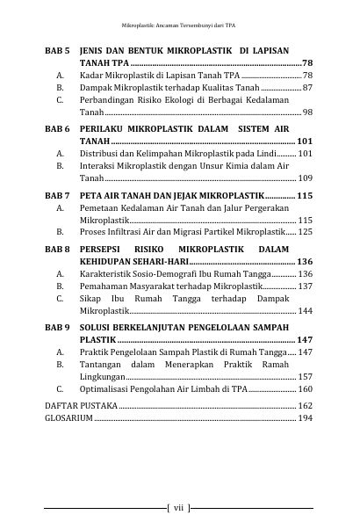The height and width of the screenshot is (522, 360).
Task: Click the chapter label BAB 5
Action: tap(57, 52)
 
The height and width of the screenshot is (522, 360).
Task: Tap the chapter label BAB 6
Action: tap(57, 128)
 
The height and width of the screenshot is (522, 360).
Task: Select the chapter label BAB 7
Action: tap(57, 193)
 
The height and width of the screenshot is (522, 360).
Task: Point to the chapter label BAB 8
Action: tap(57, 250)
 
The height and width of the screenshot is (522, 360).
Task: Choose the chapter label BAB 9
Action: tap(57, 326)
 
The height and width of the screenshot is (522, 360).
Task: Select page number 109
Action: tap(305, 178)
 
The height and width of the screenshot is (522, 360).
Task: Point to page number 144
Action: tap(305, 311)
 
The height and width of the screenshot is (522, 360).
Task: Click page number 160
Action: tap(305, 388)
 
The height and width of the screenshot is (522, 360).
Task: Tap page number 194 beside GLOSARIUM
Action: tap(305, 418)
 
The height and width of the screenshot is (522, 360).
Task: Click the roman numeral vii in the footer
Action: tap(177, 507)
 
